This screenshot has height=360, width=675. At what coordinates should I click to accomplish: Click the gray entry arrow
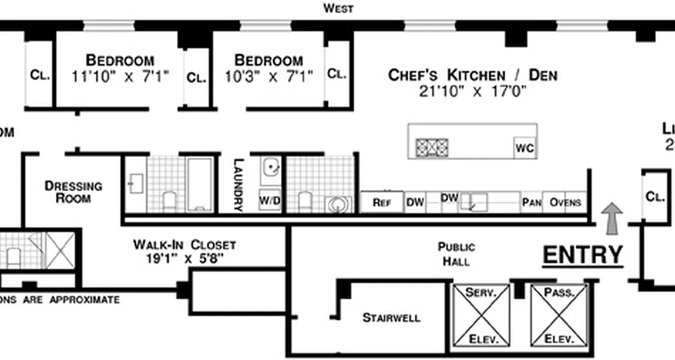[x=612, y=218]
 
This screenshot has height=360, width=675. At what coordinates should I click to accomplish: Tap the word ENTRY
[x=583, y=255]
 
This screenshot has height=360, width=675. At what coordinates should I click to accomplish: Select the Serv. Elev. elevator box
[x=481, y=316]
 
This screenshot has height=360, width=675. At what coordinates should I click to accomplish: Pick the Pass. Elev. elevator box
[x=559, y=316]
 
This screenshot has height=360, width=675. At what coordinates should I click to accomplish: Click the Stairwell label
[x=391, y=318]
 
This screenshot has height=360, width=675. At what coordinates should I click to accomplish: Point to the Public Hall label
[x=456, y=254]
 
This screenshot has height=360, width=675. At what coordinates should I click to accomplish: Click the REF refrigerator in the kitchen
[x=382, y=202]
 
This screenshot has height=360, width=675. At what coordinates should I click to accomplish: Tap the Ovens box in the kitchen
[x=565, y=202]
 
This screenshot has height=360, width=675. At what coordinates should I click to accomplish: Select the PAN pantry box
[x=532, y=202]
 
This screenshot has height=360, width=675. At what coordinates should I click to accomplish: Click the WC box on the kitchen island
[x=525, y=148]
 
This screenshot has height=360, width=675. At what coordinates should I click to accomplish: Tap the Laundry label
[x=238, y=184]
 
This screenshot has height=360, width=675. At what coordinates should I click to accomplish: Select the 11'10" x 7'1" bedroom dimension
[x=120, y=77]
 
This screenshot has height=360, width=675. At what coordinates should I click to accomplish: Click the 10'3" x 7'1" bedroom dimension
[x=269, y=77]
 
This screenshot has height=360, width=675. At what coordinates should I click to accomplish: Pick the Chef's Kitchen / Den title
[x=472, y=75]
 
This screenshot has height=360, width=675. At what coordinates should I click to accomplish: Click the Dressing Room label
[x=73, y=192]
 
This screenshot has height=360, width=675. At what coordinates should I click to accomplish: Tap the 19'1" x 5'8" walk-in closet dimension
[x=184, y=259]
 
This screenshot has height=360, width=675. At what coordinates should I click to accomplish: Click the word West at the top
[x=338, y=8]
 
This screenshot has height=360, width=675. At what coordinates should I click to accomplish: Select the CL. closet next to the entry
[x=656, y=197]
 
